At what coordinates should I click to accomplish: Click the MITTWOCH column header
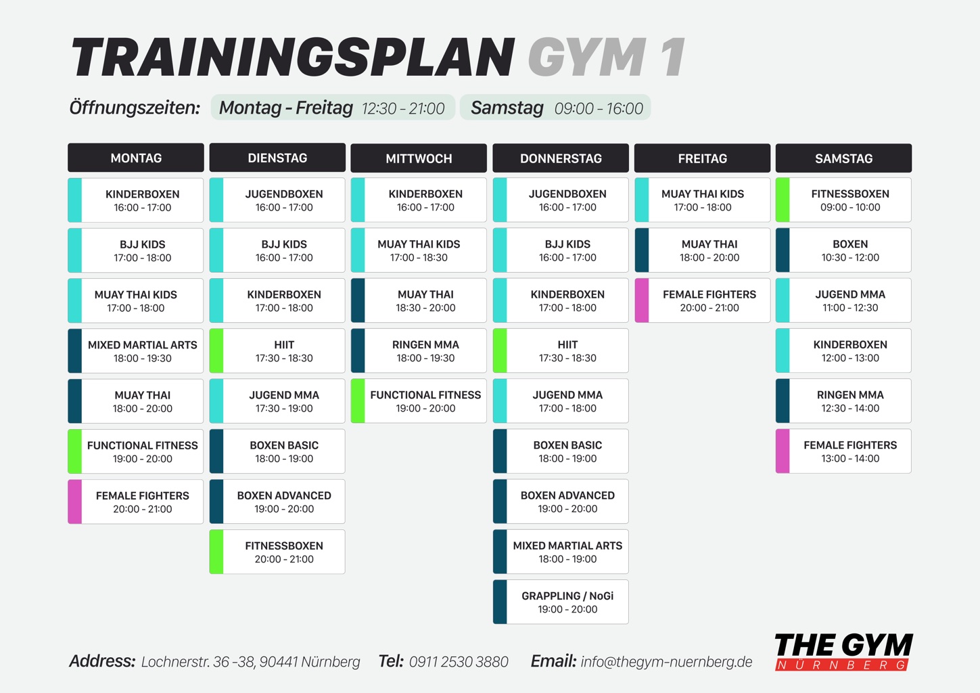click(x=419, y=158)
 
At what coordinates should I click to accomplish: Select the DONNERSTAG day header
click(x=561, y=158)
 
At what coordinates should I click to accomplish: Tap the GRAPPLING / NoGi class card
click(x=561, y=602)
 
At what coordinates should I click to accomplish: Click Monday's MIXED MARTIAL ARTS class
click(x=136, y=351)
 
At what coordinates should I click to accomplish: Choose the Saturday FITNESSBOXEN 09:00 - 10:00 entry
click(x=843, y=200)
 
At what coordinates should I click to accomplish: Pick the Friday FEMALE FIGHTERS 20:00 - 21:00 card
click(x=702, y=300)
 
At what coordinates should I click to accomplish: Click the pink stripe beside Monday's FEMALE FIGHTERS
click(x=75, y=501)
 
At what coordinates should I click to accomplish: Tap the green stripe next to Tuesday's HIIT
click(x=216, y=351)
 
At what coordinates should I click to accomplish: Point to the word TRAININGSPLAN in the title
click(x=293, y=58)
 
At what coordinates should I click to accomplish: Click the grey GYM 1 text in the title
click(x=607, y=58)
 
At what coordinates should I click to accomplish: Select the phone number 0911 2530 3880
click(x=459, y=661)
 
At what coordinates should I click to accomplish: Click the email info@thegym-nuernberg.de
click(x=666, y=661)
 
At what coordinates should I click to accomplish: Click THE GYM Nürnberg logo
click(x=843, y=652)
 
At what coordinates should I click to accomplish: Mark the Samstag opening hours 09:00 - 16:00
click(x=599, y=108)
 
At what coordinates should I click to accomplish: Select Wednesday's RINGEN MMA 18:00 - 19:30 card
click(x=419, y=351)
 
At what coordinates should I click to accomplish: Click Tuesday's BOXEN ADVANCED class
click(x=277, y=501)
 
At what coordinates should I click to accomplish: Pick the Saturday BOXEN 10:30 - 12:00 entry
click(x=843, y=250)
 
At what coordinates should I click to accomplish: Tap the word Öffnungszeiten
click(x=135, y=108)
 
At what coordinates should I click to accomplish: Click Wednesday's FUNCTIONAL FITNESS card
click(x=419, y=401)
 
